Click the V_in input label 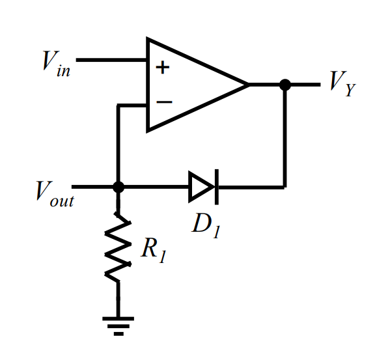point(56,63)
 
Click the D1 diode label point(206,223)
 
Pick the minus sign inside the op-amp point(164,102)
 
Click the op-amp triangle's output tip point(248,84)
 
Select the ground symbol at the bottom point(118,324)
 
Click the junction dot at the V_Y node point(285,84)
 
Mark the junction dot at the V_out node point(118,187)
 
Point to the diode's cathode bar point(215,187)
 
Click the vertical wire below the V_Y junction point(285,137)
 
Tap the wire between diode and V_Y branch point(251,187)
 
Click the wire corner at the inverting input point(118,104)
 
